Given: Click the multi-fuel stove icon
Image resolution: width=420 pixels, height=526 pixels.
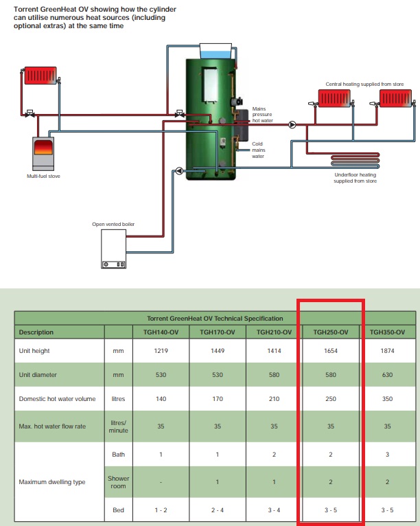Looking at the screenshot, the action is tap(43, 154).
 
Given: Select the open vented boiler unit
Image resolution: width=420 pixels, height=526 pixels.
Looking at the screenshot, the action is tap(114, 249).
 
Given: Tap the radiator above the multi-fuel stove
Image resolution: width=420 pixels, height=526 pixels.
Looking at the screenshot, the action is tap(40, 76).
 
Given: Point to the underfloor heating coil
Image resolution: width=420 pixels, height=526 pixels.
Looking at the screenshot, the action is tap(355, 161).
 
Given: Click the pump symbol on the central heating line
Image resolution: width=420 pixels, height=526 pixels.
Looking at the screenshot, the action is tap(292, 125).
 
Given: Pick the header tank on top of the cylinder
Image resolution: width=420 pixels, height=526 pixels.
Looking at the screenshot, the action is tap(216, 52).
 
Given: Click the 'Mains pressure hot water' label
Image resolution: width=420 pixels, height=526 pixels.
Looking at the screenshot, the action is tap(262, 115).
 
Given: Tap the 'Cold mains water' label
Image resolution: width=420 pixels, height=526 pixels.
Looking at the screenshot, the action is tap(258, 150).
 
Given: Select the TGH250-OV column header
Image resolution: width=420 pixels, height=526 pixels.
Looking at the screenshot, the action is tap(331, 332).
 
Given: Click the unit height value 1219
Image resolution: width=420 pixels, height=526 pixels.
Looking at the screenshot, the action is tap(161, 351).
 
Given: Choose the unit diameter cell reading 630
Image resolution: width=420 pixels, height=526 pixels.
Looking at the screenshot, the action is tap(387, 375).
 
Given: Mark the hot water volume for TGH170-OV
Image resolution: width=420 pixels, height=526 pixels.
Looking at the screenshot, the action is tap(218, 398).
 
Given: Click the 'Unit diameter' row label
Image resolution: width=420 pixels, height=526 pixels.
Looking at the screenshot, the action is tap(38, 375).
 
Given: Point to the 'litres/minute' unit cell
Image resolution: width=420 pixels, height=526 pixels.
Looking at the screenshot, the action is tap(118, 426).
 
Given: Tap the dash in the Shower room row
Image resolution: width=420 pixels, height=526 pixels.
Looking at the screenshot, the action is tap(161, 482).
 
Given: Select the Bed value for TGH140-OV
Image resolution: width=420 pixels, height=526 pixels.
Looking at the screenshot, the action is tap(161, 510).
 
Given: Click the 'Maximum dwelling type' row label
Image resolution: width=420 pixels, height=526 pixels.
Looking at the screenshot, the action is tap(52, 482).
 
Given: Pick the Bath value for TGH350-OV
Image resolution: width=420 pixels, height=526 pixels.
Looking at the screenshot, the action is tap(387, 454).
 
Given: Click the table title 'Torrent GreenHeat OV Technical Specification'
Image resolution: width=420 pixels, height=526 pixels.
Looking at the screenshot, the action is tap(215, 319).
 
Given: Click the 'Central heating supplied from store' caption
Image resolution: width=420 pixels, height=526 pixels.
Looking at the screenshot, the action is tap(364, 84).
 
